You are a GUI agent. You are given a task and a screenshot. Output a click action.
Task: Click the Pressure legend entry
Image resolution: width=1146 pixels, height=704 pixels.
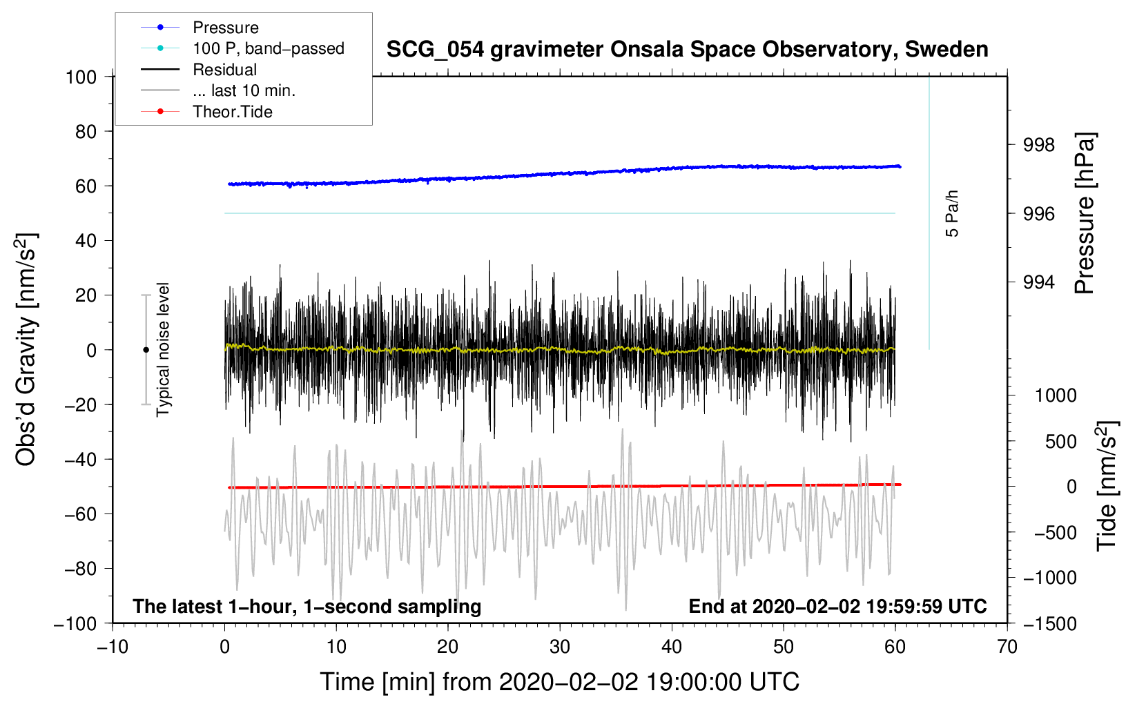pos(200,27)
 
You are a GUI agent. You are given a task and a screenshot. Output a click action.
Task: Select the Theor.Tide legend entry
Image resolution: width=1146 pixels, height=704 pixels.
pos(206,112)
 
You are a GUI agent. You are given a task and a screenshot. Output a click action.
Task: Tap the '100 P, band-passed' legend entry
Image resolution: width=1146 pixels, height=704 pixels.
pos(242,48)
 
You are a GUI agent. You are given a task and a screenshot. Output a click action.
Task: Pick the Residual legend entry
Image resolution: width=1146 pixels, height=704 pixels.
pos(199,70)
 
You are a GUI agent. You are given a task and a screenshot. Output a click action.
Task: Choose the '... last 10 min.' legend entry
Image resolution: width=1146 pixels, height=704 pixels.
pos(218,90)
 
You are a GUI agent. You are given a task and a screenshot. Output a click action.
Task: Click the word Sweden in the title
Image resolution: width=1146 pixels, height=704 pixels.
pos(946,50)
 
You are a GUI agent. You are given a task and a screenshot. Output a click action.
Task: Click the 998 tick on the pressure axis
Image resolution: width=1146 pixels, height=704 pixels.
pos(1038,146)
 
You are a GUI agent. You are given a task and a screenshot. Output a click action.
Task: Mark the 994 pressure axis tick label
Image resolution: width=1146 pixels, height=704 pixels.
pos(1038,282)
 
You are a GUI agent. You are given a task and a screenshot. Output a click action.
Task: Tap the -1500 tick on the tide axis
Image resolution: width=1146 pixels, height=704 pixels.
pos(1050,624)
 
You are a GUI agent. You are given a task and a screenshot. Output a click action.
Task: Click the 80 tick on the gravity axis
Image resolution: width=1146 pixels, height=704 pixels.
pos(86,132)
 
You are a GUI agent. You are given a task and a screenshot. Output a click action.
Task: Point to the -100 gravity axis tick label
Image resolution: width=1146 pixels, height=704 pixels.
pos(75,624)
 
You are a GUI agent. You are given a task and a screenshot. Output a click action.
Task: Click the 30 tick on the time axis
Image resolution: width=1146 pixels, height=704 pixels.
pos(560,647)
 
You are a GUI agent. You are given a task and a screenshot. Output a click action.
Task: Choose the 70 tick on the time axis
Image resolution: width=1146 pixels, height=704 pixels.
pos(1007,647)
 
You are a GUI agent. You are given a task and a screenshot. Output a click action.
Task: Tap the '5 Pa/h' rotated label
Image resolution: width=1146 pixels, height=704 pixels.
pos(951,214)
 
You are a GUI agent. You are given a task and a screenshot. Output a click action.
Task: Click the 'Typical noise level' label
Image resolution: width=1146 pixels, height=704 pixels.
pos(163,350)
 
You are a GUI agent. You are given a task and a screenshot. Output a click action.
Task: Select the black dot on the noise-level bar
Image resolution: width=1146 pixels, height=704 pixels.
pos(146,350)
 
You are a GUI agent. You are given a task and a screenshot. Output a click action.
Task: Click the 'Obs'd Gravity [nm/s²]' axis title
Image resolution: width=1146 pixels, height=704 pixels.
pos(27,350)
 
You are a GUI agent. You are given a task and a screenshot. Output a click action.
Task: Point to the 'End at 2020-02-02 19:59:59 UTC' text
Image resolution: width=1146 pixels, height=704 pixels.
pos(837,606)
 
